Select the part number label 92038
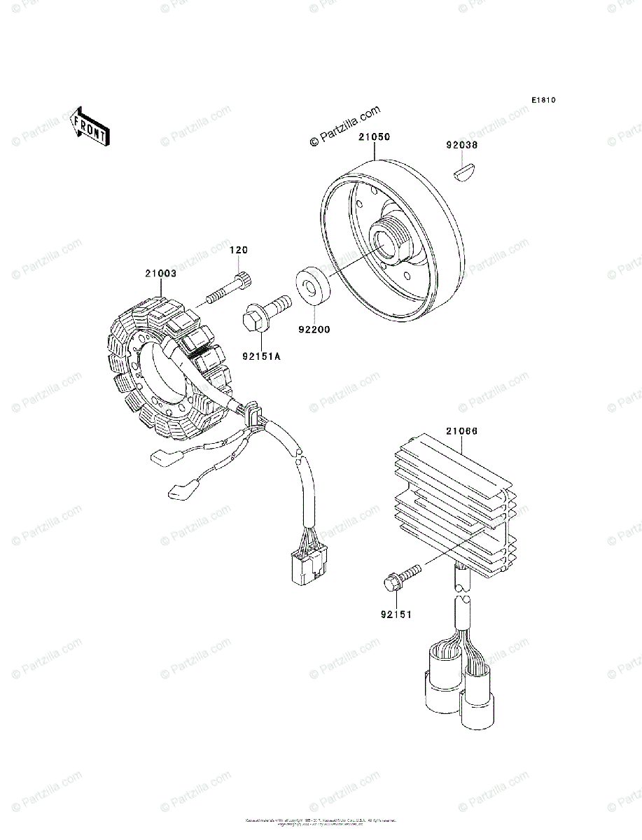tap(461, 146)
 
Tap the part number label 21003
tap(160, 274)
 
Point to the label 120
tap(240, 250)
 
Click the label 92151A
tap(262, 356)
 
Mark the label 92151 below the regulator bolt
tap(396, 615)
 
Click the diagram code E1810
tap(543, 101)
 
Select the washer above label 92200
tap(312, 285)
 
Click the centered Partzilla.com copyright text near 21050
tap(345, 127)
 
